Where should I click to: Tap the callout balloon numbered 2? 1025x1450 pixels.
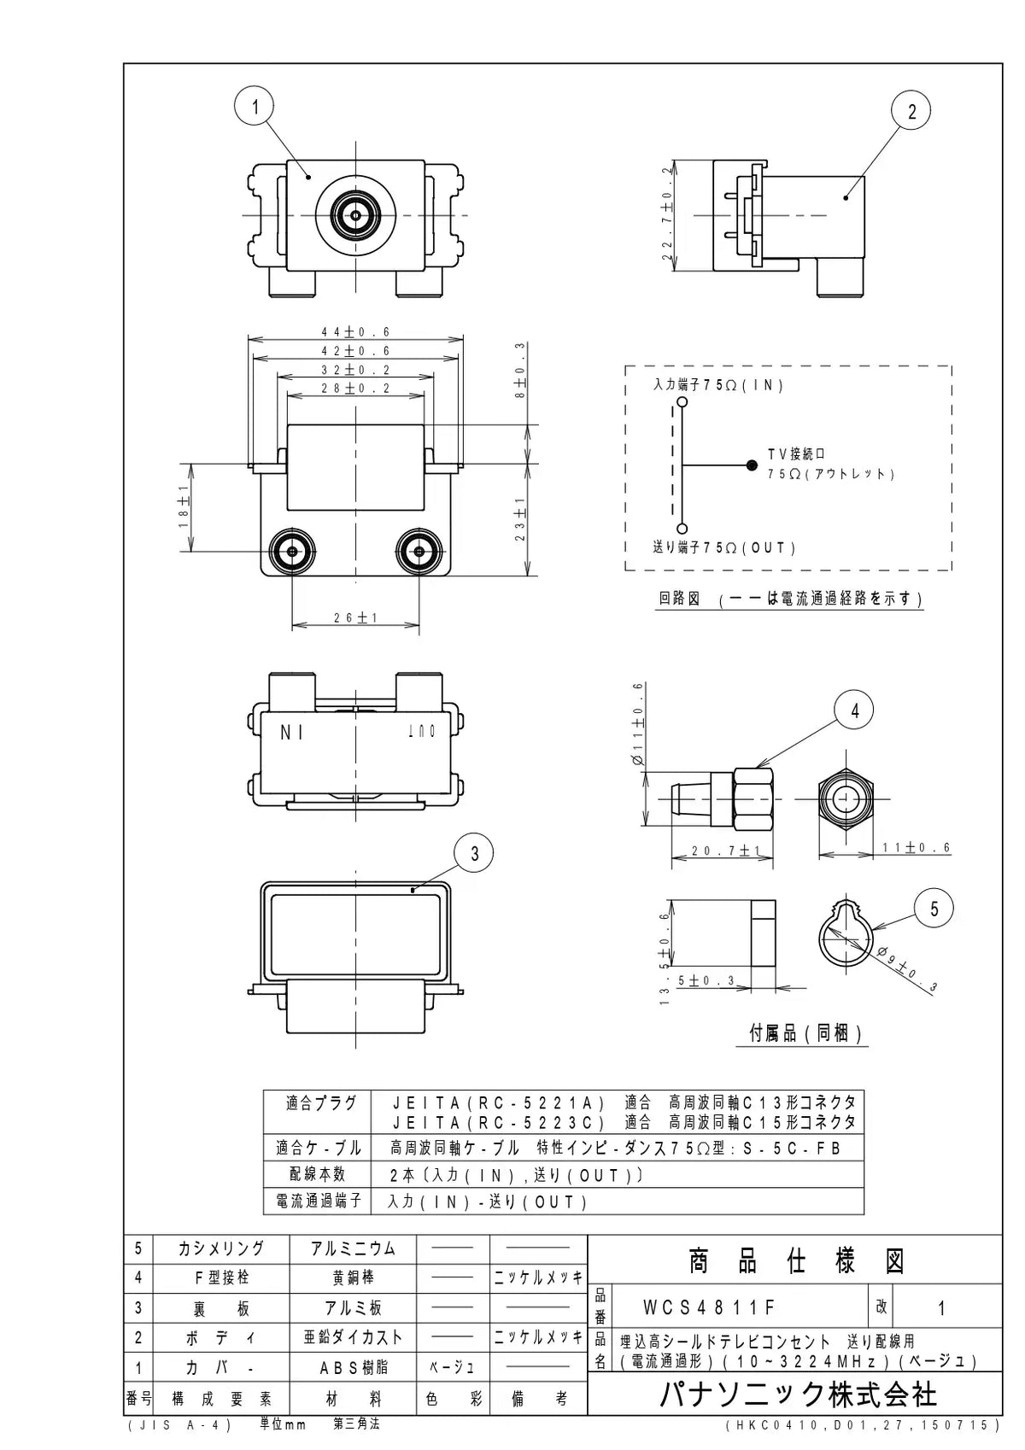(x=911, y=111)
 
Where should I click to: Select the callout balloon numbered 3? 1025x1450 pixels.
(x=473, y=854)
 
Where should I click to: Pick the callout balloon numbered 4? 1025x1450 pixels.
(x=854, y=710)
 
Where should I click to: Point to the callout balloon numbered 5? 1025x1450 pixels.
(x=934, y=909)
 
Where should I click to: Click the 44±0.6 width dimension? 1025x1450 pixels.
(x=356, y=332)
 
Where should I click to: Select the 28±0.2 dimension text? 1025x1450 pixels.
(x=356, y=389)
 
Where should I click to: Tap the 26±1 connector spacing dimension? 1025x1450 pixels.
(x=355, y=617)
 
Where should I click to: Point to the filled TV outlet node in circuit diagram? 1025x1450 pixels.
(x=751, y=465)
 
